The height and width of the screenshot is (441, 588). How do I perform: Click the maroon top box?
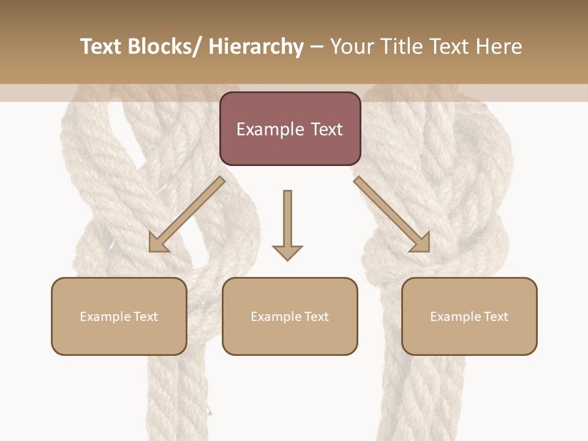[290, 129]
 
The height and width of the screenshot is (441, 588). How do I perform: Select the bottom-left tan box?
[119, 316]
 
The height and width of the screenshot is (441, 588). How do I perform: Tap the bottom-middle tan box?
[290, 316]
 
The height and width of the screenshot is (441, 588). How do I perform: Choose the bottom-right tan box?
[469, 316]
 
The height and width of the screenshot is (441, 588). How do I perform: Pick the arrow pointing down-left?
[187, 214]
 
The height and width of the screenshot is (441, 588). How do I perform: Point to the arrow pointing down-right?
[392, 214]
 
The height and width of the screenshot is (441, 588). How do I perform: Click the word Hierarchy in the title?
[256, 47]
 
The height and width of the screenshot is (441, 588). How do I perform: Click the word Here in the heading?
[499, 47]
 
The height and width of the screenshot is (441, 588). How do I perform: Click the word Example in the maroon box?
[270, 129]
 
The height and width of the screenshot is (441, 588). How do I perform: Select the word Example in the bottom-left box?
[106, 317]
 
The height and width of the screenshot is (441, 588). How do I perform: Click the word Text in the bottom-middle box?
[315, 317]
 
